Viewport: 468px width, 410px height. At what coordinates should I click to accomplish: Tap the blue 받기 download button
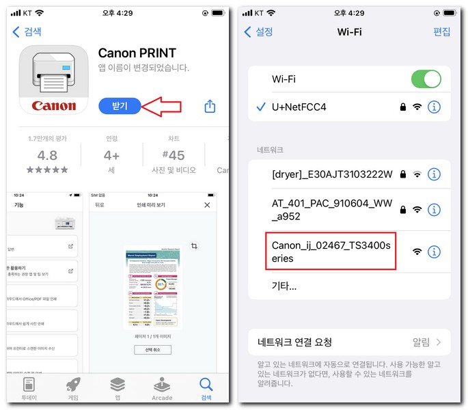click(x=120, y=106)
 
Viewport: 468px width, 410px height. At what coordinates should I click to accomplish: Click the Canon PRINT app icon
click(x=53, y=79)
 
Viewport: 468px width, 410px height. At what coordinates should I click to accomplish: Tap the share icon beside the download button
click(x=210, y=106)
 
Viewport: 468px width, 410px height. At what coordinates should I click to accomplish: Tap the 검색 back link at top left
click(x=28, y=31)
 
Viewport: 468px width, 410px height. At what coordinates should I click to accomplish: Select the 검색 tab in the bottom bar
click(x=206, y=388)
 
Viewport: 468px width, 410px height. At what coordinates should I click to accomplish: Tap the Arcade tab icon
click(x=162, y=388)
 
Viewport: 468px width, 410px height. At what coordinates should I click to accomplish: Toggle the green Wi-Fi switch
click(x=426, y=79)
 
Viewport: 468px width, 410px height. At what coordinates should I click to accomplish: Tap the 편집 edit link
click(x=442, y=31)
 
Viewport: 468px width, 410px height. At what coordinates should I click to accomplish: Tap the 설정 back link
click(x=259, y=31)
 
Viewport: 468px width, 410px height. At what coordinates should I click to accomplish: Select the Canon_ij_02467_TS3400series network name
click(x=331, y=251)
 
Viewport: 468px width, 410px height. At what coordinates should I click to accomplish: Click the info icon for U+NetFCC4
click(x=434, y=107)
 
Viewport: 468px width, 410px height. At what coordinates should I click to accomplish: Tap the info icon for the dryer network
click(x=434, y=174)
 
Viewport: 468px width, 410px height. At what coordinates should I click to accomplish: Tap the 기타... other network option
click(x=284, y=286)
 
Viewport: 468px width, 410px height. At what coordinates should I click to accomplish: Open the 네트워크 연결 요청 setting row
click(x=349, y=342)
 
